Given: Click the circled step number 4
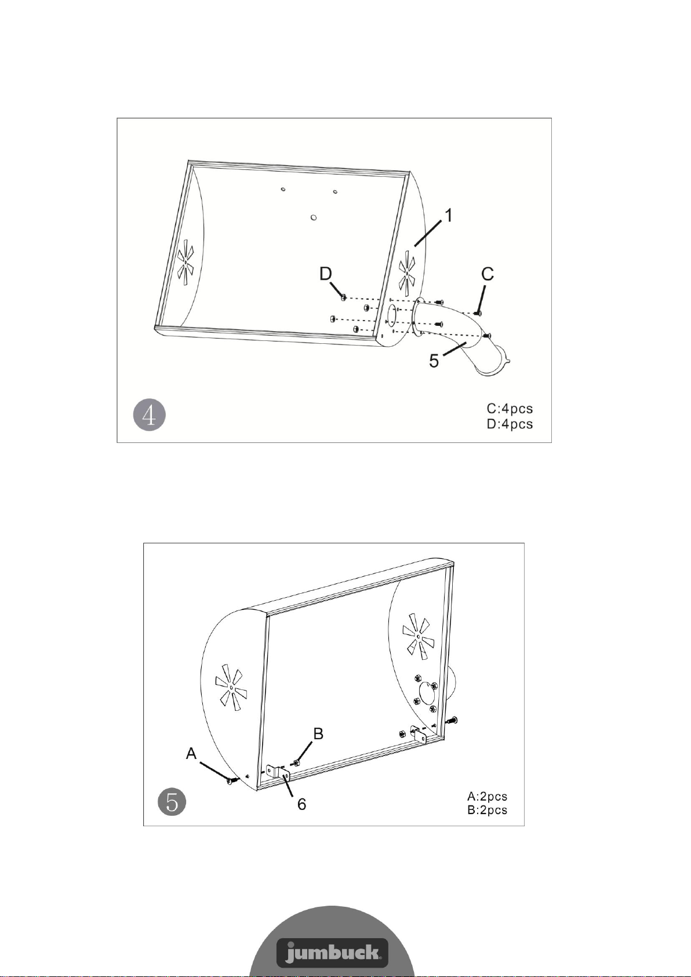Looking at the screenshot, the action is [x=150, y=415].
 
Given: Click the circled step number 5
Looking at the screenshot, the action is [x=172, y=802].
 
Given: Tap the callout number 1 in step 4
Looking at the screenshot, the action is [x=448, y=216].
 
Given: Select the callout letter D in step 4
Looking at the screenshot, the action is [x=326, y=274].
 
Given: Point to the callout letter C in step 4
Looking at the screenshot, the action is [x=488, y=274].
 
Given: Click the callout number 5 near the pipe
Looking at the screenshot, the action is [x=434, y=361].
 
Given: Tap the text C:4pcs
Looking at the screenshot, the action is [x=510, y=409].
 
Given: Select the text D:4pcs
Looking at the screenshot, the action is [x=510, y=424].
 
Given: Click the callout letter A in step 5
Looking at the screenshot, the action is [x=191, y=753].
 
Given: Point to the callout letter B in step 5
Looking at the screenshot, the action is [x=318, y=733].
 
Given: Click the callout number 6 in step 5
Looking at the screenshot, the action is [x=301, y=804].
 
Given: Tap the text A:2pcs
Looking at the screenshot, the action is [x=487, y=797].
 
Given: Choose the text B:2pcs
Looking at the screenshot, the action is [x=487, y=810].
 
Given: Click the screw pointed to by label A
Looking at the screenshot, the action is [x=232, y=780].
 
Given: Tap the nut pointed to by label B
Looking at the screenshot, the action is [x=296, y=762].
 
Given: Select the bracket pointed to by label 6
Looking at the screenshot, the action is [x=278, y=774].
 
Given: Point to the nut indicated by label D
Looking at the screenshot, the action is [x=343, y=297].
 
